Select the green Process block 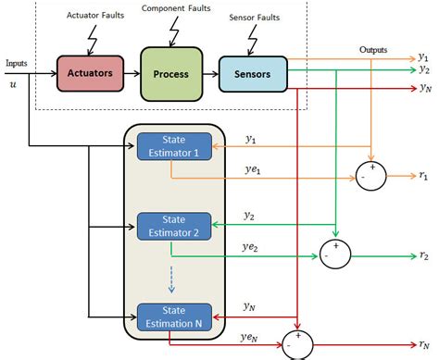(x=170, y=73)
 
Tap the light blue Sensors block (x=252, y=73)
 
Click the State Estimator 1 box (x=174, y=145)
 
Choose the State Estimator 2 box (x=174, y=225)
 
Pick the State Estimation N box (x=174, y=316)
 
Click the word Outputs (x=375, y=49)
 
